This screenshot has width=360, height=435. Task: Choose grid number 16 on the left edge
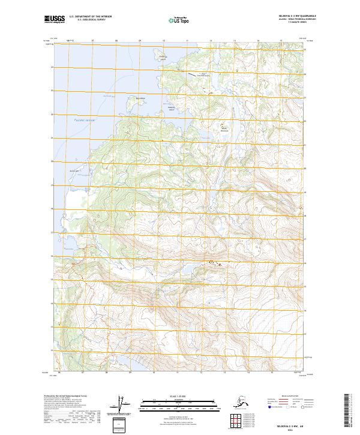(52, 256)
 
